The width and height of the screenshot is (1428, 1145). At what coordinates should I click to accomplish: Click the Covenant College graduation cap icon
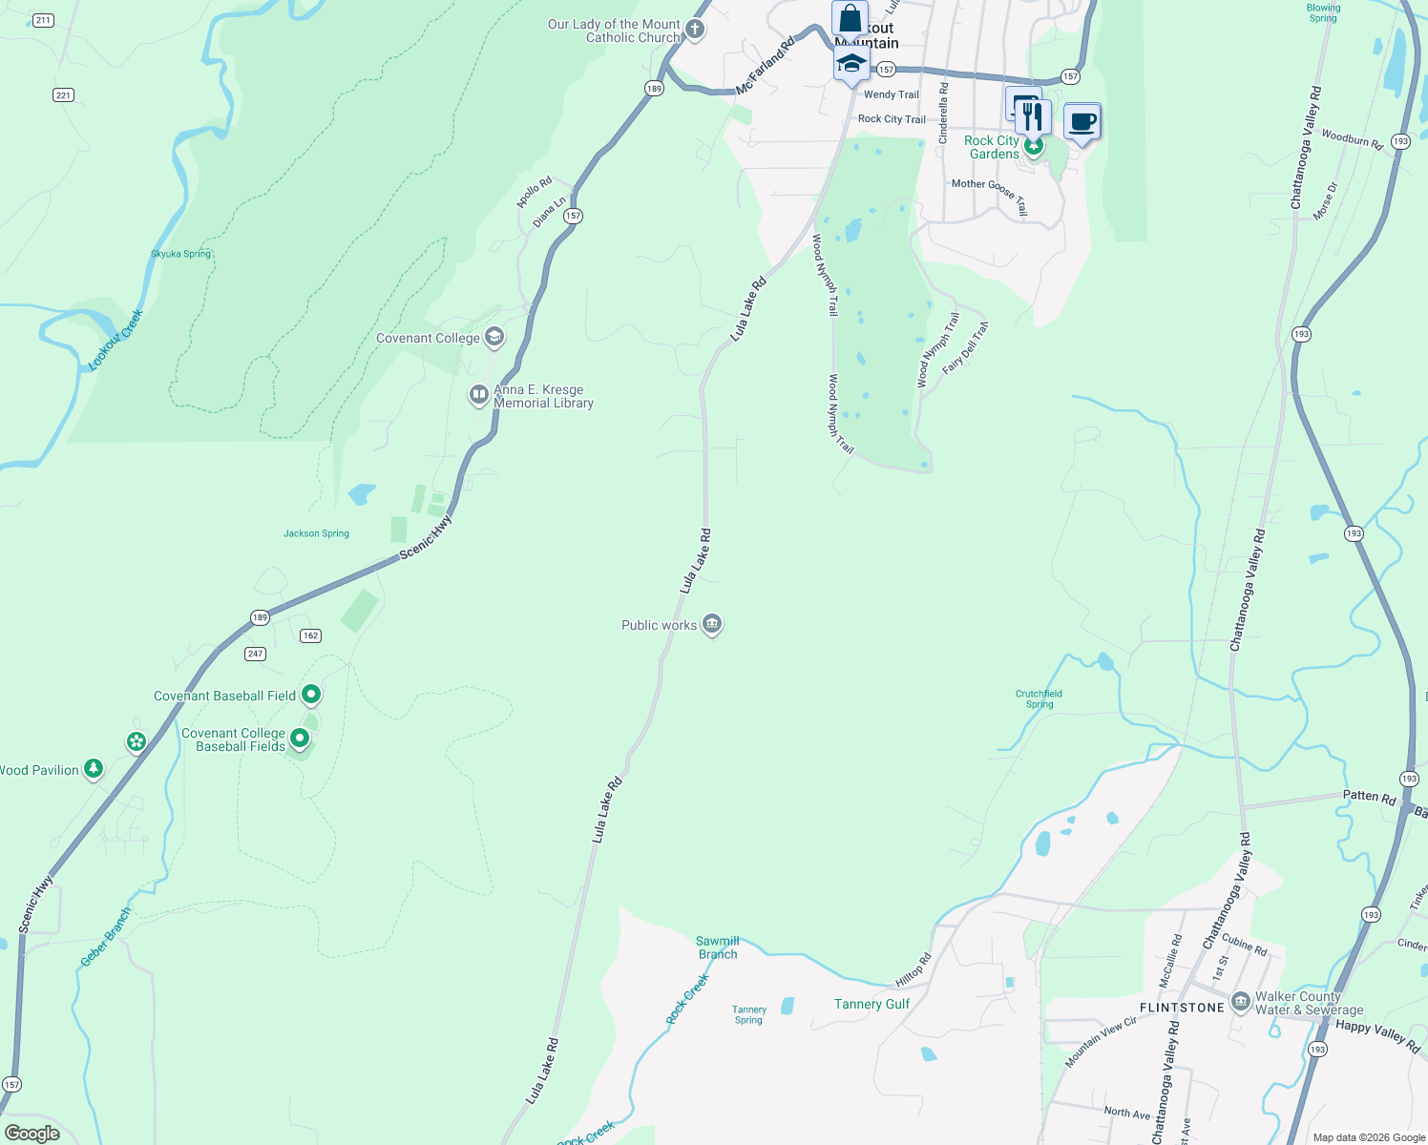coord(494,337)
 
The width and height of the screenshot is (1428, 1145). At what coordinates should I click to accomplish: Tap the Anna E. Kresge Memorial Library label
coord(543,396)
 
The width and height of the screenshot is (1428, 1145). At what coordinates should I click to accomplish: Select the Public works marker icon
coord(711,624)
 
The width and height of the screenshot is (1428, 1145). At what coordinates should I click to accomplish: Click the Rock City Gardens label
coord(993,147)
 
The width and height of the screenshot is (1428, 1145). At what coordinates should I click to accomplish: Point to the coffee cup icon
coord(1081,122)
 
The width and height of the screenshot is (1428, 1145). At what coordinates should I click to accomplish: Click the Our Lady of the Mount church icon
coord(695,30)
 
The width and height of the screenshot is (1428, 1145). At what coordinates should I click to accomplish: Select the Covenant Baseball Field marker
coord(311,695)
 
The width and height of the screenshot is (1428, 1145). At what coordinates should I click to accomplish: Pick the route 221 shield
coord(63,94)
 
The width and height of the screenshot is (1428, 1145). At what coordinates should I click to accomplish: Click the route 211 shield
coord(43,20)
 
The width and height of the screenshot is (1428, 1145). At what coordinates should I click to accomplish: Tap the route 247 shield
coord(255,654)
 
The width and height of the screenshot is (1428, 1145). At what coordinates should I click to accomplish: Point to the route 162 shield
coord(310,635)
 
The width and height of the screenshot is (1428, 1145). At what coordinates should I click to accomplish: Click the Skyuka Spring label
coord(180,254)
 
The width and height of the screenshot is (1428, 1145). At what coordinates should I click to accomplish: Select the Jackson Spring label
coord(316,533)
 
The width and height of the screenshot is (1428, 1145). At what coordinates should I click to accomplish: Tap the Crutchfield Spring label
coord(1039,699)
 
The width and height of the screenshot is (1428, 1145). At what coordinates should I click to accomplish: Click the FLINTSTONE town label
coord(1182,1008)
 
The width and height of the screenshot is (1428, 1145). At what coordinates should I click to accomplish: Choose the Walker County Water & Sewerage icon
coord(1241,1002)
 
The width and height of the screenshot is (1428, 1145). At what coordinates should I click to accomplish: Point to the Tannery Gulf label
coord(871,1004)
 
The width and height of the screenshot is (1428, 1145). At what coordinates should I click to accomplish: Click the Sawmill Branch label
coord(718,947)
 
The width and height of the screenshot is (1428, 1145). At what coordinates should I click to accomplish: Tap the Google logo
coord(32,1134)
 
